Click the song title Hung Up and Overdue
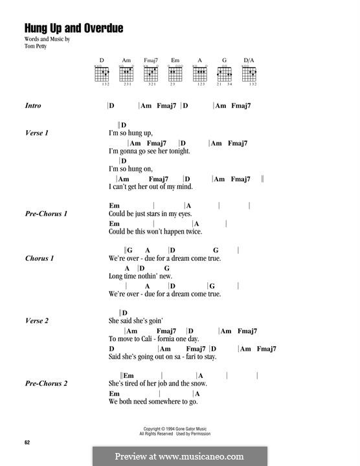73,28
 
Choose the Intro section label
33,105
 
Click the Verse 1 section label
37,133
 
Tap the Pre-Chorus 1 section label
47,214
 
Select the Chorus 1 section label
39,258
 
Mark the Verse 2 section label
37,320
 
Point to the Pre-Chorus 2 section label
47,383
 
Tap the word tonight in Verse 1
179,151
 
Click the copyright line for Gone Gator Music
179,428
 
